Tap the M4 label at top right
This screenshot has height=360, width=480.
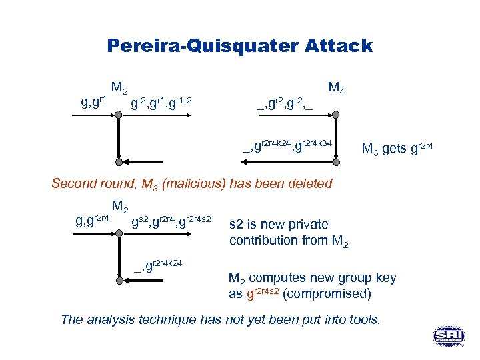337,88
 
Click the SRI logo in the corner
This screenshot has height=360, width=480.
448,335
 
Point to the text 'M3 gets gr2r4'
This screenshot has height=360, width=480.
397,148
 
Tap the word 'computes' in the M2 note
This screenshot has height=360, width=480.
279,279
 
